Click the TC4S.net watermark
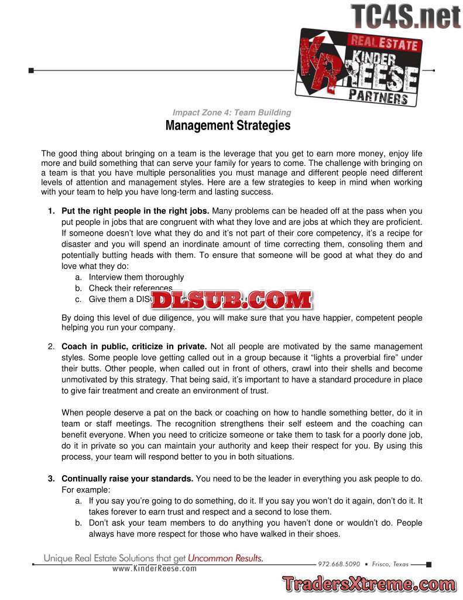tap(406, 16)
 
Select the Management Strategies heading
tap(228, 125)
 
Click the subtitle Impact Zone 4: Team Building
tap(231, 112)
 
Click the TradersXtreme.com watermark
tap(369, 584)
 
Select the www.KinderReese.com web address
tap(154, 568)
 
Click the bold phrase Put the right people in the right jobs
tap(135, 210)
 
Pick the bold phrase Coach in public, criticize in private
tap(133, 346)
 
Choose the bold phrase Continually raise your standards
tap(127, 479)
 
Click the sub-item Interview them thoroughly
tap(136, 277)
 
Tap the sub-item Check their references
tap(130, 288)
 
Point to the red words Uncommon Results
tap(226, 558)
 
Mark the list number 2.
tap(51, 346)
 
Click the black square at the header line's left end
tap(31, 70)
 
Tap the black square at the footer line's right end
tap(429, 564)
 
